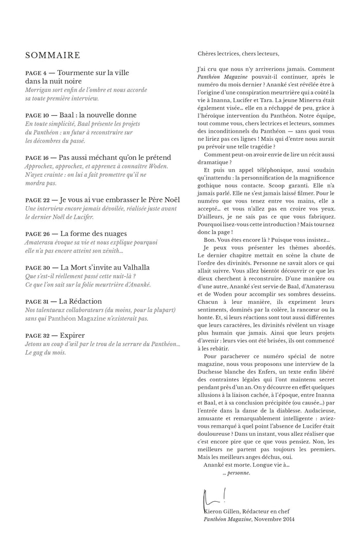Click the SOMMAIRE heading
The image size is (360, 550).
(x=52, y=56)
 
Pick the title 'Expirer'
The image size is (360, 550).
(x=73, y=335)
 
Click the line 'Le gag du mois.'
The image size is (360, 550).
(x=45, y=353)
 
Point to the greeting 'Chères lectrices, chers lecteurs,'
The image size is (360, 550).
(x=238, y=53)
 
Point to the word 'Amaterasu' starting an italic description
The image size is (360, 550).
(x=41, y=242)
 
